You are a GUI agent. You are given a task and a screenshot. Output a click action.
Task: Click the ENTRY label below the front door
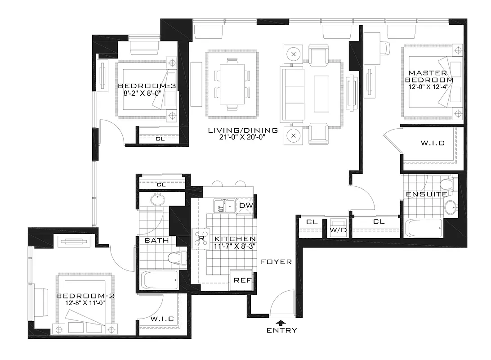point(281,330)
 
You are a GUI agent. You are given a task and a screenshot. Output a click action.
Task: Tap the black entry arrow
point(281,322)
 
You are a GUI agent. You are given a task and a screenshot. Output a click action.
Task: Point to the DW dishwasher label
point(245,206)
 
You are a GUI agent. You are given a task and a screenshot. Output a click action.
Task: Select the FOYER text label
point(277,261)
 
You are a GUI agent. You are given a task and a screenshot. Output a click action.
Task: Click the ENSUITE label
point(426,194)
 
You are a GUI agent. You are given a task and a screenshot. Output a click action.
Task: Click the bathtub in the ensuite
point(422,228)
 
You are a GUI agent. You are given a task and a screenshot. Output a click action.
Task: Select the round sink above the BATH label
point(157,199)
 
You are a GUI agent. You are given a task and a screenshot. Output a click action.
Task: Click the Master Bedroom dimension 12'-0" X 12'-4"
point(429,81)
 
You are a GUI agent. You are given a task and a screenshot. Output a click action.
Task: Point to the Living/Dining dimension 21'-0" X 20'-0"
point(243,138)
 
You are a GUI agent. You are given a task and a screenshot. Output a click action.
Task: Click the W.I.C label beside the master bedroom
point(433,143)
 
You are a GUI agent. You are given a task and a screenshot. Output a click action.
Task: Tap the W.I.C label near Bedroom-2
point(162,319)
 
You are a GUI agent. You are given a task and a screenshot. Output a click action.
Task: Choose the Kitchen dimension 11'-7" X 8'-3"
point(235,246)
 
